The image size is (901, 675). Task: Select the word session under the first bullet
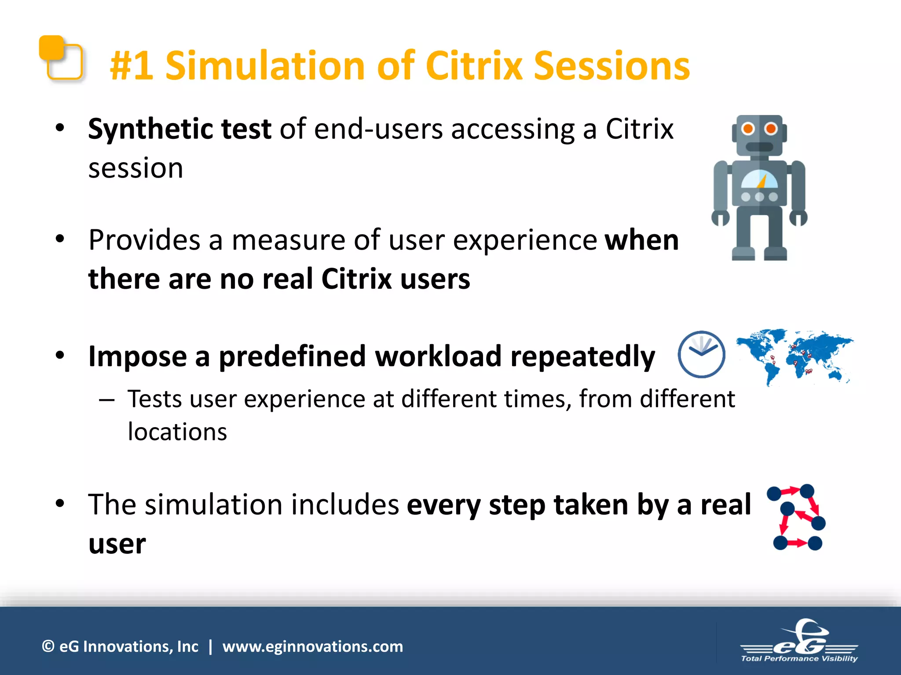click(x=136, y=169)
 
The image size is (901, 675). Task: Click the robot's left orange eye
click(x=747, y=129)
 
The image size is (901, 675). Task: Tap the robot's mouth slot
click(x=759, y=147)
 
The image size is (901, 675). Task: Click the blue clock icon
click(x=701, y=354)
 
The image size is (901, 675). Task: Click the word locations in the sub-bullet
click(x=177, y=432)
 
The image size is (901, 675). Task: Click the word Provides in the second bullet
click(x=144, y=240)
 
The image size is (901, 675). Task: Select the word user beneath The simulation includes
click(x=117, y=544)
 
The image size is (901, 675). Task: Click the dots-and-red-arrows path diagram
click(x=796, y=517)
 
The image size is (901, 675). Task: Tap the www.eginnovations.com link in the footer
click(x=312, y=646)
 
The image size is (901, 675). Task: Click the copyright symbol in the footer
click(x=48, y=646)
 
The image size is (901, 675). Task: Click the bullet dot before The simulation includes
click(x=60, y=504)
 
